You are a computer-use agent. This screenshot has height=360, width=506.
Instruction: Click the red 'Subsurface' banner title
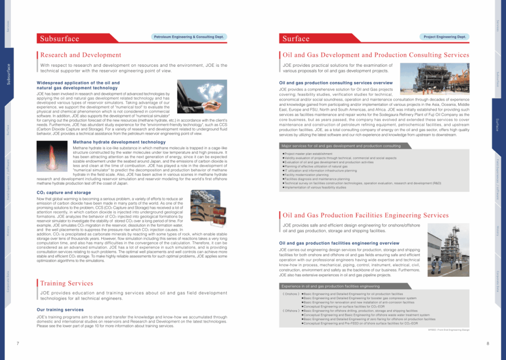tap(59, 39)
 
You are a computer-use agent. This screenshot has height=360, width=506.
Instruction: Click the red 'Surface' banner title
tap(296, 39)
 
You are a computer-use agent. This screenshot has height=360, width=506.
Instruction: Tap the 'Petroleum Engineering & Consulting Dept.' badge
tap(188, 37)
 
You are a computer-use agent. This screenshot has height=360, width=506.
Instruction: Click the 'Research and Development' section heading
tap(81, 55)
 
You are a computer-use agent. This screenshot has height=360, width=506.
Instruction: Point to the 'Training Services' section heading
tap(67, 283)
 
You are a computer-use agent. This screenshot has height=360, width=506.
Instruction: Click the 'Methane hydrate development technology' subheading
tap(112, 142)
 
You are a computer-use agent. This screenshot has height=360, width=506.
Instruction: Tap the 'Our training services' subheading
tap(60, 310)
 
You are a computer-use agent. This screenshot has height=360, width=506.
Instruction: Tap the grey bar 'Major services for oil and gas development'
tap(341, 146)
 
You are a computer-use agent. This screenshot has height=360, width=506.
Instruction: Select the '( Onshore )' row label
tap(290, 294)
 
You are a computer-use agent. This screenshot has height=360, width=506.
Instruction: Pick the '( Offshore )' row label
tap(290, 311)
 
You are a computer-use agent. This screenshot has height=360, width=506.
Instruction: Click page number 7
tap(18, 343)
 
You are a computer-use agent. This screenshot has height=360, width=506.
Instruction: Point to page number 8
tap(487, 343)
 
